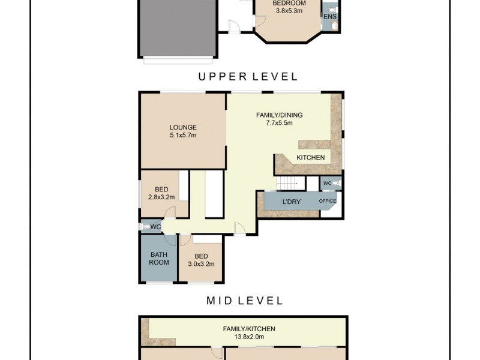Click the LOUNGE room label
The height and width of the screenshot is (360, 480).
183,127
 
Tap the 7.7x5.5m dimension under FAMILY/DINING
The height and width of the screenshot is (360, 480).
279,123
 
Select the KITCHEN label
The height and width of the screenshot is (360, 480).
310,158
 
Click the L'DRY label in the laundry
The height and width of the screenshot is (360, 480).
291,200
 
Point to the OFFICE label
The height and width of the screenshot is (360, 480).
327,200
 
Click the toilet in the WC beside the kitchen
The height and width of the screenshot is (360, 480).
336,183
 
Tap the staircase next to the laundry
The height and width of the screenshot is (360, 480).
289,184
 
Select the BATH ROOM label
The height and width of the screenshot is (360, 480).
159,258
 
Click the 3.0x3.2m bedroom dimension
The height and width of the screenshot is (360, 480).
201,263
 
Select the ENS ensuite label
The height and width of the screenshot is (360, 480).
329,17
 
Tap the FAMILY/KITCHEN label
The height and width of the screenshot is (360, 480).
249,329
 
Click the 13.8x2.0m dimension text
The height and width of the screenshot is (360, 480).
249,337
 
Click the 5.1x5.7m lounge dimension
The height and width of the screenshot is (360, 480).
183,136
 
